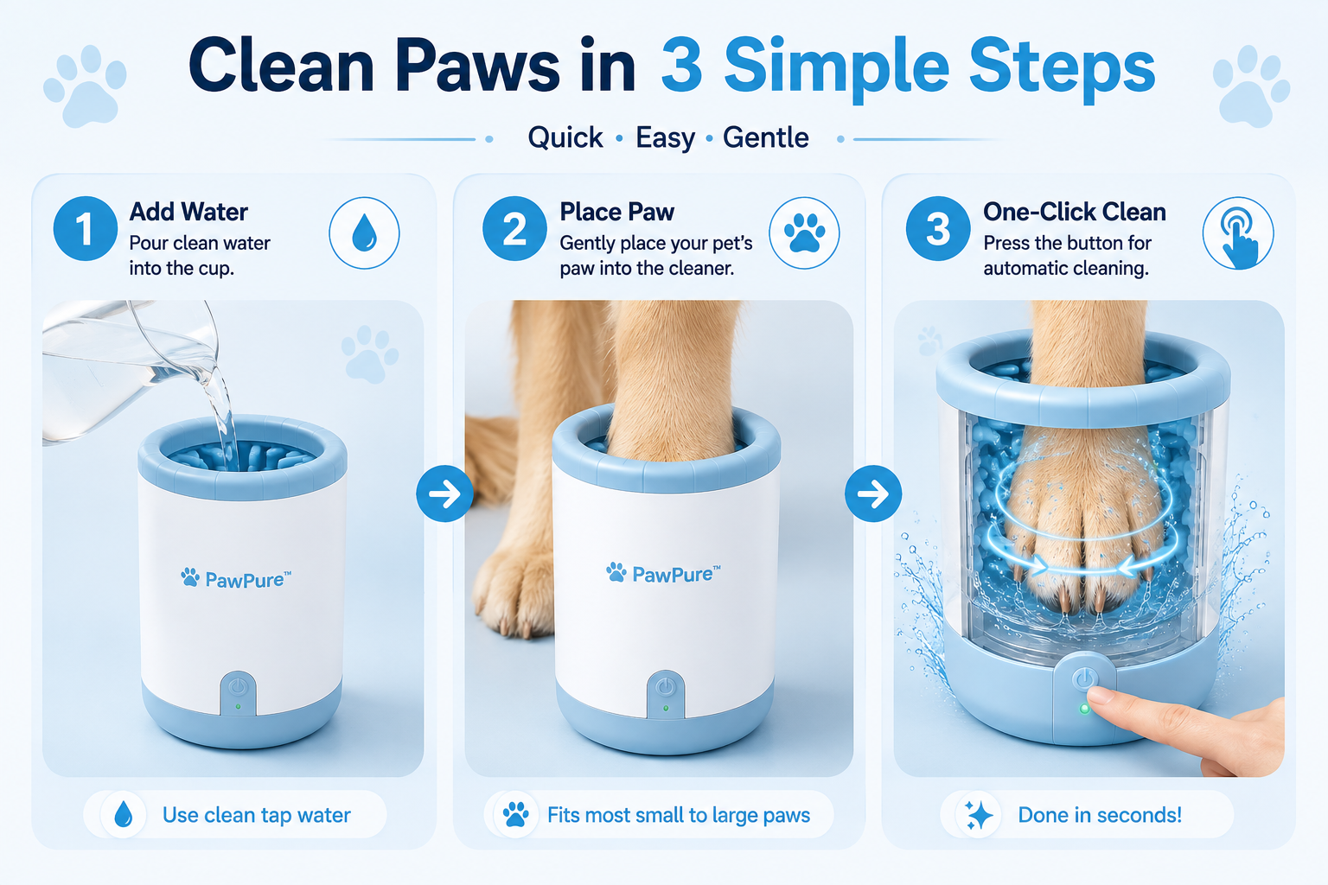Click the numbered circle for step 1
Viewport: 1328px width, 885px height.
point(86,229)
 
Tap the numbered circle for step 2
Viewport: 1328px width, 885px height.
point(514,229)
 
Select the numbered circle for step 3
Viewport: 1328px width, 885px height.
point(938,229)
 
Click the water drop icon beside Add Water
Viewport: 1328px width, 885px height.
point(364,233)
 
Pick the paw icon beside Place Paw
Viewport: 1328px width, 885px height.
point(804,233)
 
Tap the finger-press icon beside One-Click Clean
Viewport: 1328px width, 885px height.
point(1238,233)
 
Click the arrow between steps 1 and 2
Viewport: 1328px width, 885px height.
point(444,493)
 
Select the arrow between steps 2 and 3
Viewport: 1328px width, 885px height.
point(873,493)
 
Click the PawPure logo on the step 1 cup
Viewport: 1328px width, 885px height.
point(237,578)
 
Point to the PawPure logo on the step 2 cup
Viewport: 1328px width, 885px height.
point(664,573)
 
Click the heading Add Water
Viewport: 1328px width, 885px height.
point(188,212)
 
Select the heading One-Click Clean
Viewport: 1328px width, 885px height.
point(1075,212)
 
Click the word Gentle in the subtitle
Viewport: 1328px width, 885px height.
point(765,137)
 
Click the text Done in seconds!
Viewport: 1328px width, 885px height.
point(1100,815)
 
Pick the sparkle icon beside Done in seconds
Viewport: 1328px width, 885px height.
point(978,816)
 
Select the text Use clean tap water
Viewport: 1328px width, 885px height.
point(257,815)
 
